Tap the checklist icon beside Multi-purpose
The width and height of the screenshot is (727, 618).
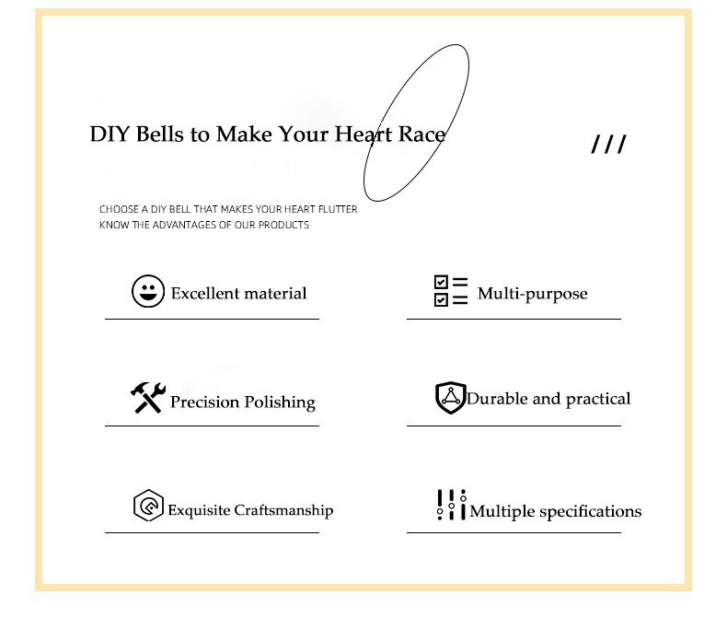tap(451, 291)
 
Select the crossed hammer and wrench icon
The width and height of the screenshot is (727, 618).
tap(146, 398)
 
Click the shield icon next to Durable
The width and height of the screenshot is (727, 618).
tap(450, 398)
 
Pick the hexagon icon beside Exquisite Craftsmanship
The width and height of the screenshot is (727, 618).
tap(147, 507)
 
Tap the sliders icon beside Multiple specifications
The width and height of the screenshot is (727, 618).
tap(451, 505)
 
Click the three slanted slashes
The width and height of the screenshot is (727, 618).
tap(608, 145)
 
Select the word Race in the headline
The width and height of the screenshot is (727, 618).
tap(421, 134)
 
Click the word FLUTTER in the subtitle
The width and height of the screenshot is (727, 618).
tap(337, 210)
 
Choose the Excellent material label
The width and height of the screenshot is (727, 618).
tap(238, 294)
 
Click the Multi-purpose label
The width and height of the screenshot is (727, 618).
tap(532, 295)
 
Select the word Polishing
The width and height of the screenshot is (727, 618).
tap(279, 403)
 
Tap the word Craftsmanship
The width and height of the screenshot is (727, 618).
tap(283, 510)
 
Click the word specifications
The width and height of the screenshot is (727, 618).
tap(591, 512)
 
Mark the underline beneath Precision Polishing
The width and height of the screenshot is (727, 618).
tap(212, 426)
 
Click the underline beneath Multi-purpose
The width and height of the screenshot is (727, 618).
tap(514, 319)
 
